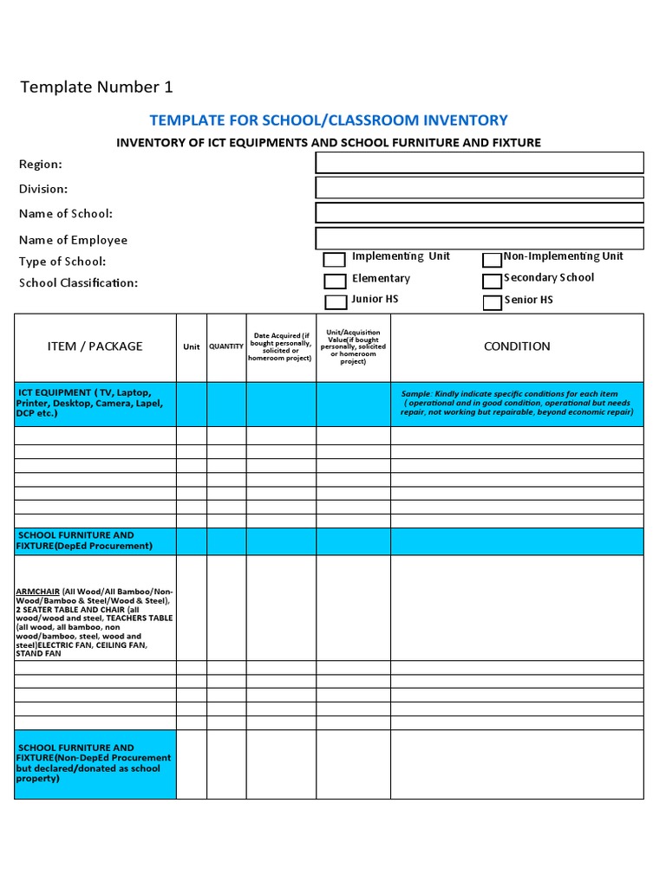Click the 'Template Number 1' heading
(x=96, y=87)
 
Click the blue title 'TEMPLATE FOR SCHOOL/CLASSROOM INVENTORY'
(x=329, y=120)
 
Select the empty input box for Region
(x=480, y=163)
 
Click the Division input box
(x=480, y=188)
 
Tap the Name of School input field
(x=480, y=213)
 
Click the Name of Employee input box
(x=480, y=238)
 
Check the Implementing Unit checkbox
(x=335, y=260)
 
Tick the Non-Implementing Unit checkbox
(x=493, y=260)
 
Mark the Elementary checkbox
(x=335, y=281)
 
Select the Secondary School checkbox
(x=493, y=281)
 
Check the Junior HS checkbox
(x=335, y=301)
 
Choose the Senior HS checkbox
(x=493, y=302)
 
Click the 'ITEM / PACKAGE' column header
(x=95, y=346)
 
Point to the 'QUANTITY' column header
(x=226, y=346)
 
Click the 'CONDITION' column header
(x=517, y=346)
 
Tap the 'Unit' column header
(x=192, y=346)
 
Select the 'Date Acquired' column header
(x=281, y=346)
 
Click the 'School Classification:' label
(x=79, y=282)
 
